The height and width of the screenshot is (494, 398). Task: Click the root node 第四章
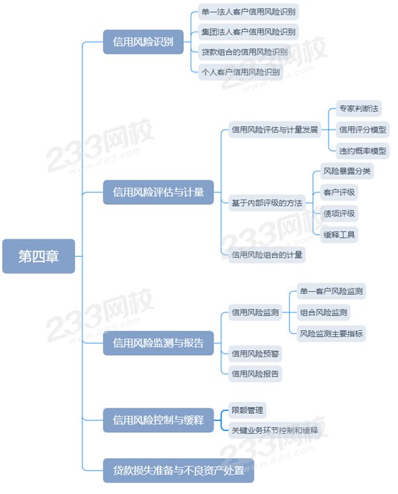click(x=38, y=256)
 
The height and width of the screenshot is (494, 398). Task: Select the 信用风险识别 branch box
click(x=143, y=42)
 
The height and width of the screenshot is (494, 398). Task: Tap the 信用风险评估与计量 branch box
click(x=159, y=192)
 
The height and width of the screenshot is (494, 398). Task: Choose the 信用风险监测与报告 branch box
click(x=159, y=343)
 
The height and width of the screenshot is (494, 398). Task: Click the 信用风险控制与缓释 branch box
click(x=159, y=420)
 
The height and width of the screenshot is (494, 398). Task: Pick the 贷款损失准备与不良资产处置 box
click(x=178, y=470)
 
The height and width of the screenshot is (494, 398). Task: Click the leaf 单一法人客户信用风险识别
click(x=248, y=12)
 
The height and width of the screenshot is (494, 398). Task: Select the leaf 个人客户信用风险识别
click(x=241, y=72)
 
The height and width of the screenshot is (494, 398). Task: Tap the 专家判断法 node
click(x=359, y=109)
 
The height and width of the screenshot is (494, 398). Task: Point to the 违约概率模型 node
click(x=363, y=151)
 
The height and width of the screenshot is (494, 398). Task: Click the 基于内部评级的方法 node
click(x=267, y=203)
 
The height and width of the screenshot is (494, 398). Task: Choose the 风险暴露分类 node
click(x=347, y=171)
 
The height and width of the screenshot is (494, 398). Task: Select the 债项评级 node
click(x=339, y=214)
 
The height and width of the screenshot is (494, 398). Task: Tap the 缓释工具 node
click(x=339, y=235)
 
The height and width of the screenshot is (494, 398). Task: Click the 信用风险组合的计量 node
click(x=267, y=255)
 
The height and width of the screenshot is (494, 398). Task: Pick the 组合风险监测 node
click(x=324, y=312)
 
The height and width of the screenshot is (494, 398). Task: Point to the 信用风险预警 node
click(x=255, y=354)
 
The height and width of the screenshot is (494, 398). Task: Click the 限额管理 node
click(x=247, y=410)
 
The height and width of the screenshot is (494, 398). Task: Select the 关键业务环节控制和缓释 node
click(x=275, y=430)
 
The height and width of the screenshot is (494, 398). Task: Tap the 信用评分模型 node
click(x=363, y=129)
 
